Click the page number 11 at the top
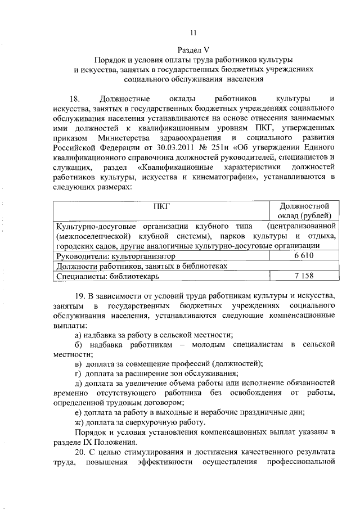[193, 32]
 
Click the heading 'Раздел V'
[193, 48]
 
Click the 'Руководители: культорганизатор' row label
[109, 256]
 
